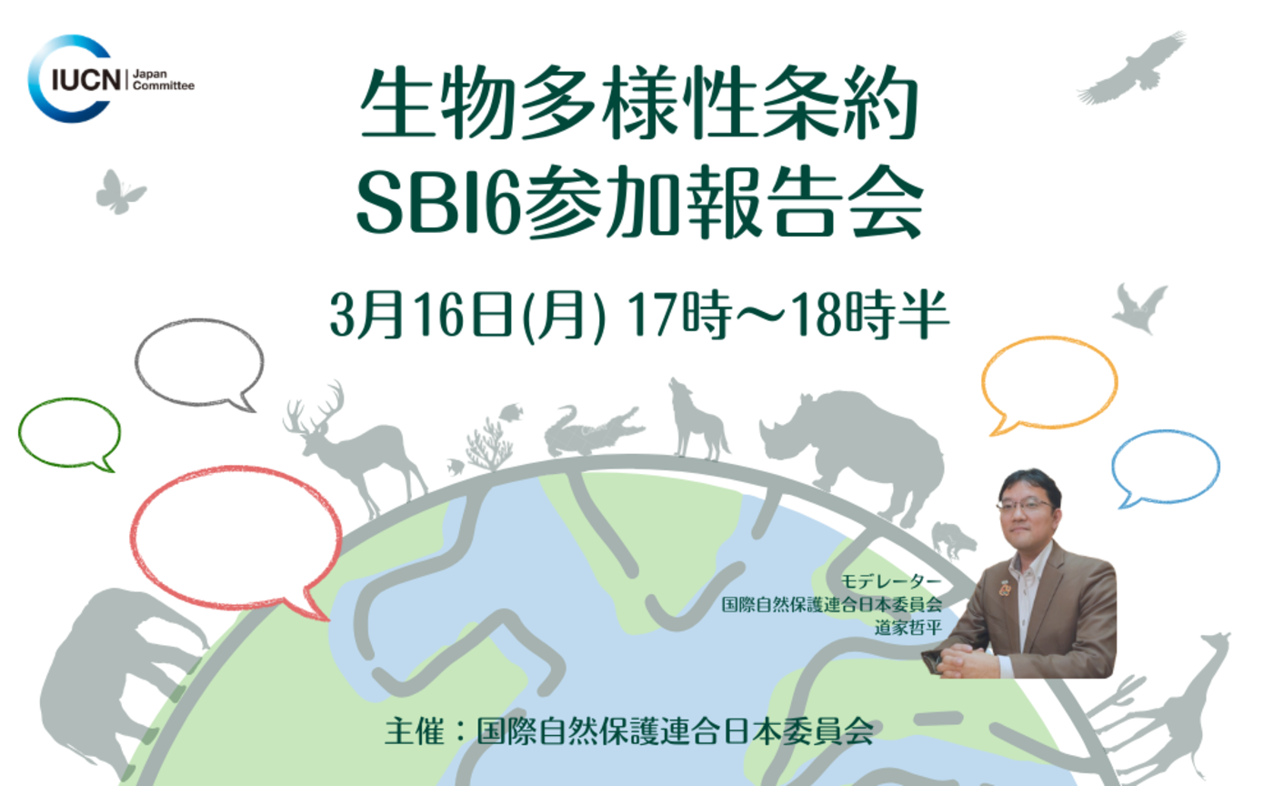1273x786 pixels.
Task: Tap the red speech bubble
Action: point(235,537)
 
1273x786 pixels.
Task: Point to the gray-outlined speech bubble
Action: point(199,361)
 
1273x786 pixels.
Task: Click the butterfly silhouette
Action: point(119,192)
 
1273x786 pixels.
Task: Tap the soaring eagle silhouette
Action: point(1136,67)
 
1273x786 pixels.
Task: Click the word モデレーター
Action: point(890,580)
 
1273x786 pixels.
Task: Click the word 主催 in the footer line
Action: point(415,732)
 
